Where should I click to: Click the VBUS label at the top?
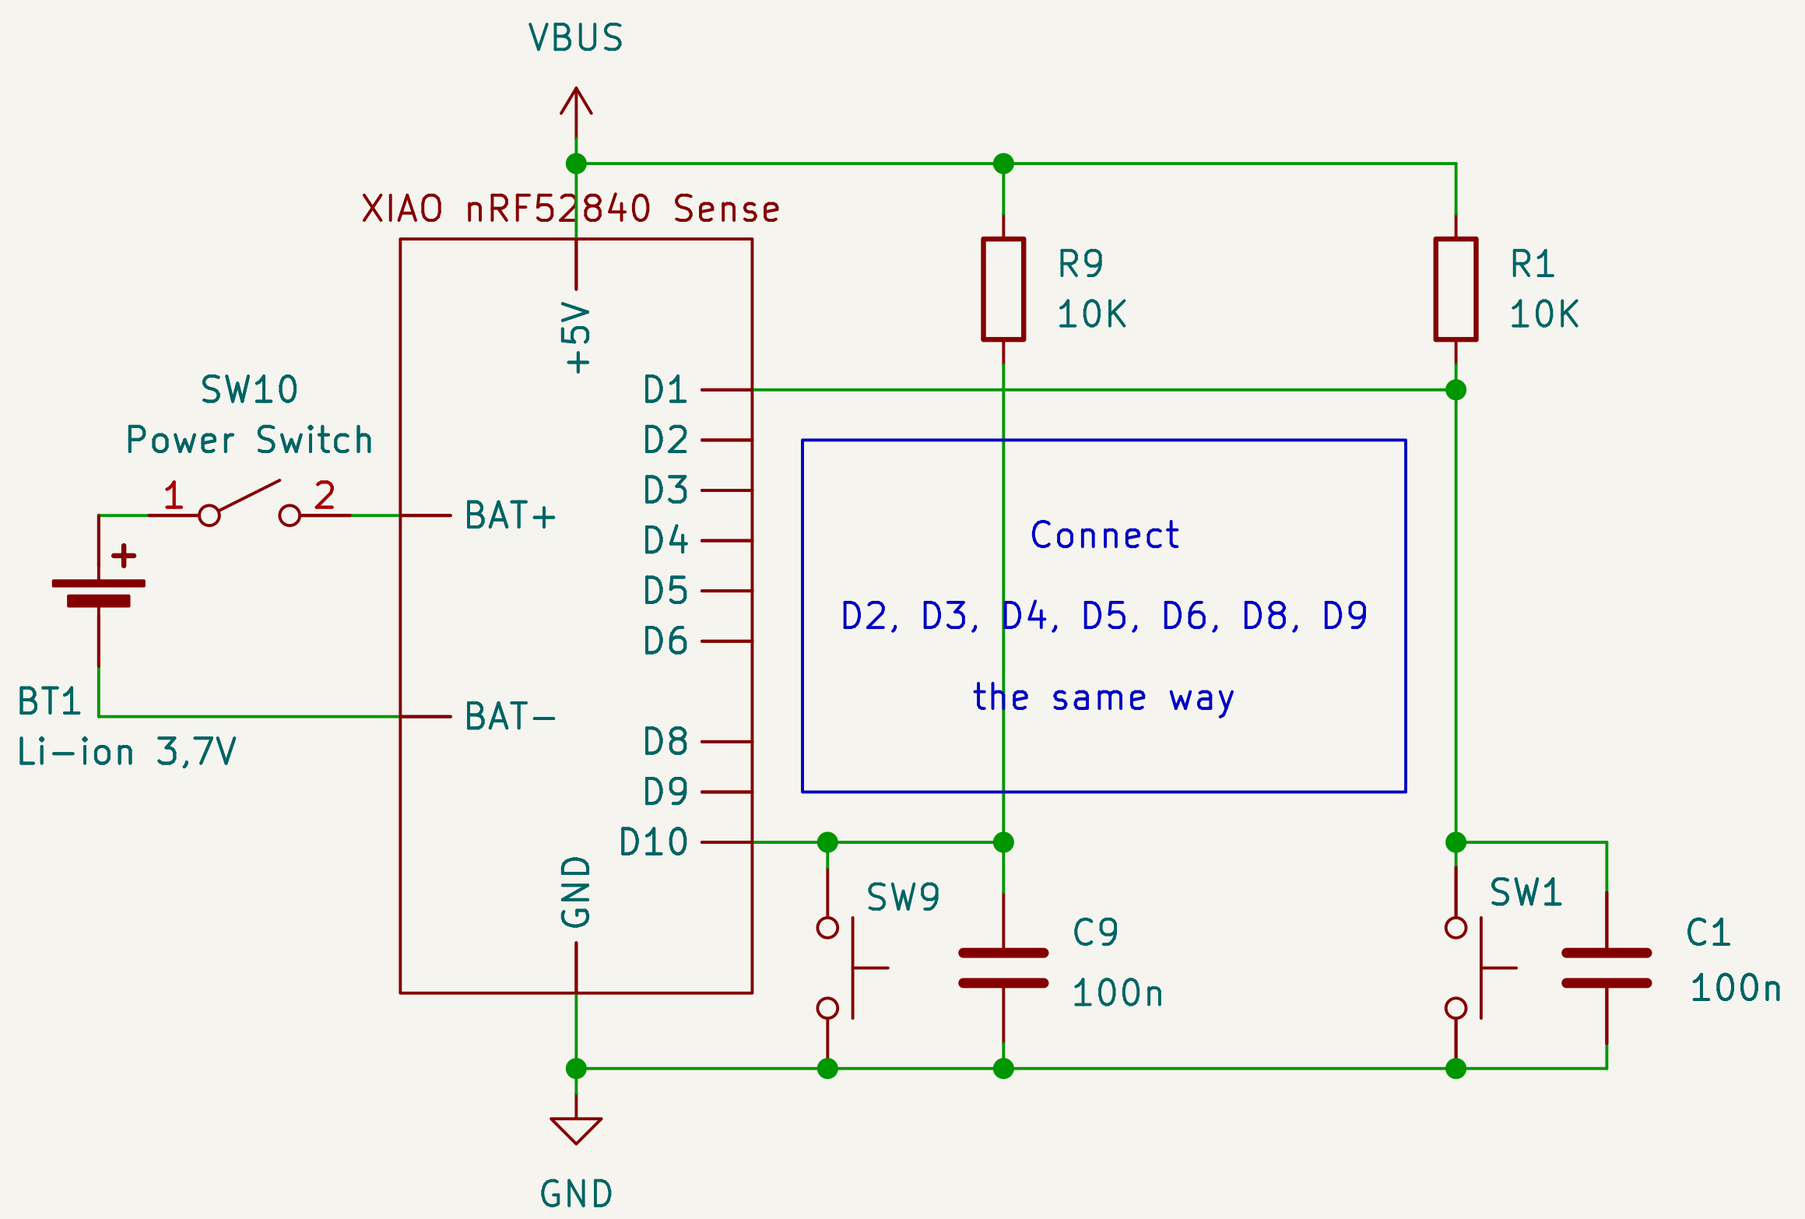[x=576, y=37]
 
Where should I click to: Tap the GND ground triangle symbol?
[x=576, y=1129]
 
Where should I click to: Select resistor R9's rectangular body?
[x=1003, y=290]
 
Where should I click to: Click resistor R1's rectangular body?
[x=1456, y=290]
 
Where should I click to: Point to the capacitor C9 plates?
[x=1003, y=968]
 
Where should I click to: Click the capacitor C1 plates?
[x=1607, y=968]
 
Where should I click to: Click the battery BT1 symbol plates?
[x=99, y=592]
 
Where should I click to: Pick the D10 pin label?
[x=653, y=842]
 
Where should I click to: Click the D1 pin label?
[x=665, y=389]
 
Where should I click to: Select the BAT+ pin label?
[x=510, y=515]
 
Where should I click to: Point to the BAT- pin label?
[x=510, y=716]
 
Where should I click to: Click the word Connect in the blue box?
[x=1104, y=536]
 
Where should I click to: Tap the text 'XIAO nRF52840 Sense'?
[x=571, y=209]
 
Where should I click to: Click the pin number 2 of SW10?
[x=324, y=495]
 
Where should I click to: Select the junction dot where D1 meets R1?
[x=1456, y=389]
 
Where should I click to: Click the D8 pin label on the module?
[x=665, y=742]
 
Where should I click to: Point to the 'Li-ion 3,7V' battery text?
[x=126, y=752]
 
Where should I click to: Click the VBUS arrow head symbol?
[x=576, y=101]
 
